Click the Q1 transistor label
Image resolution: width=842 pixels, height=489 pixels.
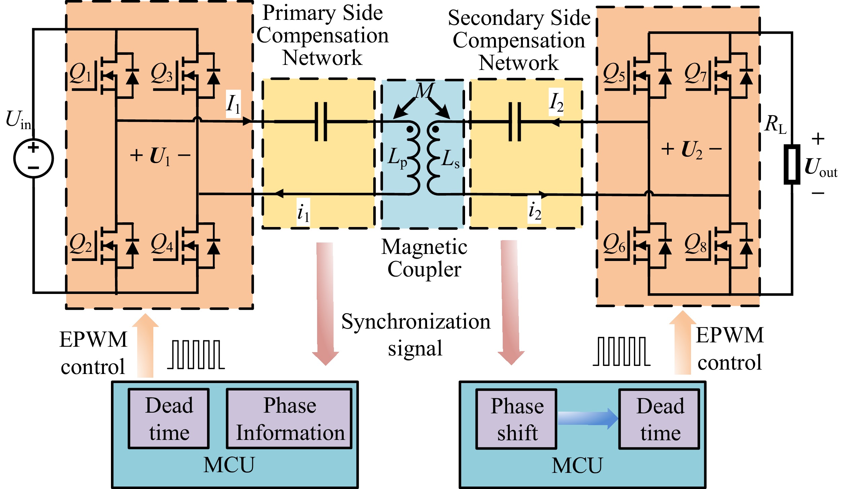point(80,73)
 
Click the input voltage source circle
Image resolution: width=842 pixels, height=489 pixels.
point(33,158)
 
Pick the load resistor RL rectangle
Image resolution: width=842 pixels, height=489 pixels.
point(792,164)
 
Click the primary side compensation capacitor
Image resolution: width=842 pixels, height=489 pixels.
point(321,122)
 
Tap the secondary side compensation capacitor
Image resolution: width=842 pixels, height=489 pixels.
point(514,122)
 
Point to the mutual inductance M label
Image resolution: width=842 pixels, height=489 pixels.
point(424,91)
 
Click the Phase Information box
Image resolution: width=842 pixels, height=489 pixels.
point(290,419)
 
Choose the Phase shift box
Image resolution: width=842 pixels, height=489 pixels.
point(516,419)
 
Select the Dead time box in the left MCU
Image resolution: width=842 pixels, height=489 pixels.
point(169,419)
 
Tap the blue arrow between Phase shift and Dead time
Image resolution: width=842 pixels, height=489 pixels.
point(588,419)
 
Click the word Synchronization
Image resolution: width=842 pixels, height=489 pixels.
point(416,322)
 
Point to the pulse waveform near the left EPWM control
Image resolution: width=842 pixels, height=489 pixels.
point(196,355)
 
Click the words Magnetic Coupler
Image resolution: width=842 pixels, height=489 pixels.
point(424,258)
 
